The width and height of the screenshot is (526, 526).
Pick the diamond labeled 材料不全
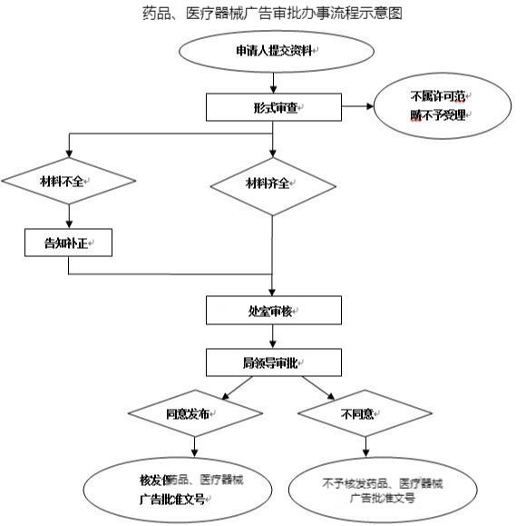coord(69,181)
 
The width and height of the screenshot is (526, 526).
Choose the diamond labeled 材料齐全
coord(273,184)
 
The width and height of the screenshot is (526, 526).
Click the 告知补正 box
coord(69,242)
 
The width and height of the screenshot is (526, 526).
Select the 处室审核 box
coord(273,310)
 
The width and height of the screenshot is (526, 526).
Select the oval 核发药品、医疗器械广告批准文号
coord(193,490)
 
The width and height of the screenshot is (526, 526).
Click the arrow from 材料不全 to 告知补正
coord(69,214)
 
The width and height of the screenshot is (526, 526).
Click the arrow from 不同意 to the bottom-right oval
coord(365,447)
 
